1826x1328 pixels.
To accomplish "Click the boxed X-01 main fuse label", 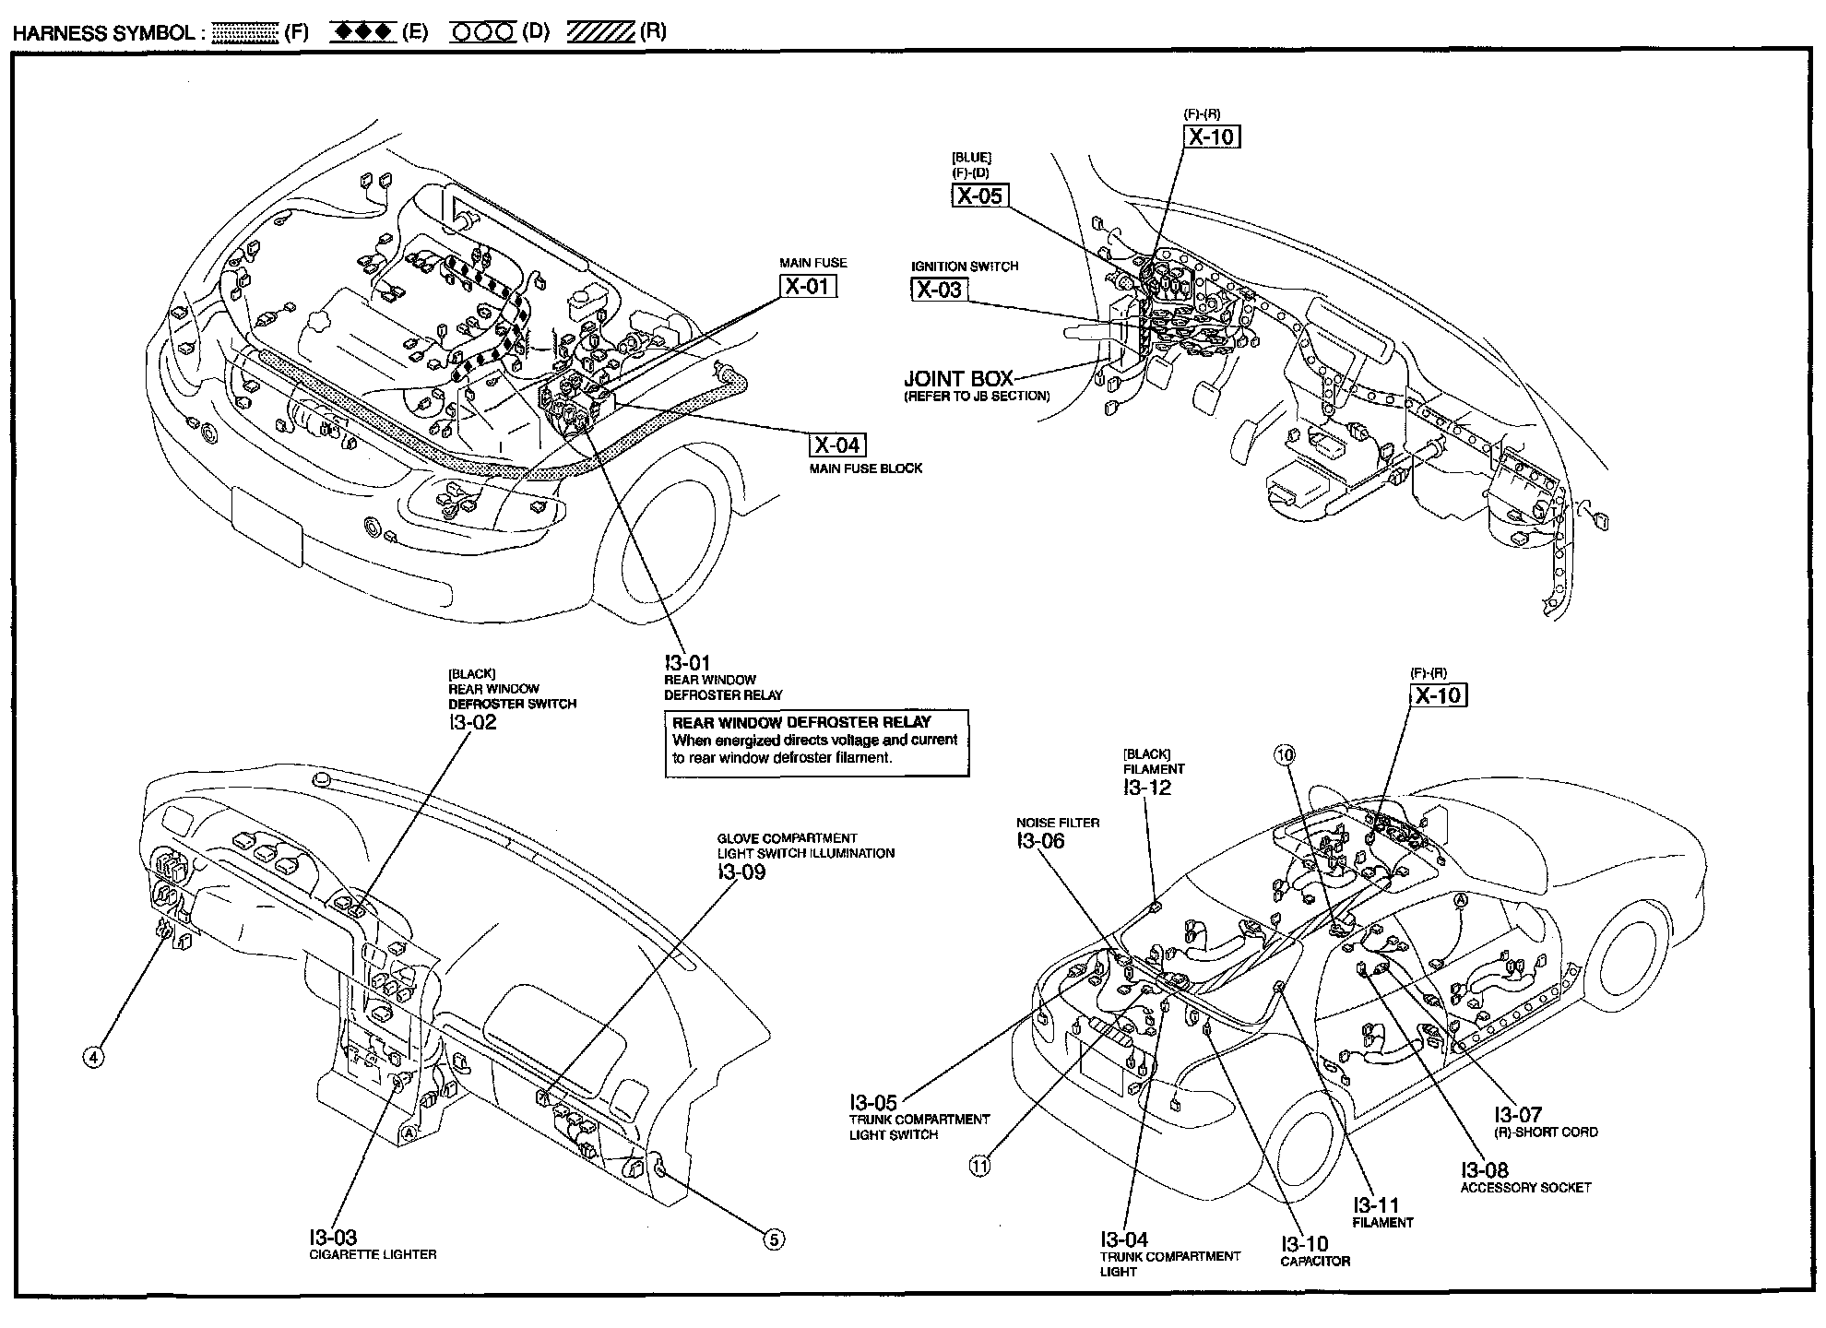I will [x=808, y=287].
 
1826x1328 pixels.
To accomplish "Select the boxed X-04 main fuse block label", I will [x=837, y=445].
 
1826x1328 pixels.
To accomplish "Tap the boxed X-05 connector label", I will [x=978, y=196].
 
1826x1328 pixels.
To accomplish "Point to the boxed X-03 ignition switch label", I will [x=939, y=290].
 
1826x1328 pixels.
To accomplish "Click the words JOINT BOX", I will [x=958, y=378].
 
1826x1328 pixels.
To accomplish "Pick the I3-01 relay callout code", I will [x=687, y=663].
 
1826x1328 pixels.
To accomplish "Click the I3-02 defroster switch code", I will [x=472, y=722].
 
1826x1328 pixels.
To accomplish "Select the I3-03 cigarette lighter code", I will [x=333, y=1237].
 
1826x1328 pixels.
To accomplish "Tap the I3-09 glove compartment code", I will [x=741, y=871].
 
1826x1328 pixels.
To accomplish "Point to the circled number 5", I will [x=775, y=1240].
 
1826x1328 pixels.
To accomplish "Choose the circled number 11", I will [x=978, y=1166].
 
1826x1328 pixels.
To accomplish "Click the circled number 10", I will [x=1285, y=755].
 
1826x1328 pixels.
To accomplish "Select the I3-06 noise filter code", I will [x=1040, y=840].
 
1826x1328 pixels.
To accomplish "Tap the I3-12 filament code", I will [x=1147, y=787].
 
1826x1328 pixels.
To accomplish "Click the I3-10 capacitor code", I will [x=1304, y=1244].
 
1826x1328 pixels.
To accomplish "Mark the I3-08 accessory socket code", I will [x=1484, y=1171].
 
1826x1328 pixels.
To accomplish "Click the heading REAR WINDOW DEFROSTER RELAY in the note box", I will [x=801, y=722].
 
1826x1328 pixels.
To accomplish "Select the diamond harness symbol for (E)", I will [x=363, y=32].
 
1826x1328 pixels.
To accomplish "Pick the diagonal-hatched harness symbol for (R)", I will [x=601, y=32].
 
